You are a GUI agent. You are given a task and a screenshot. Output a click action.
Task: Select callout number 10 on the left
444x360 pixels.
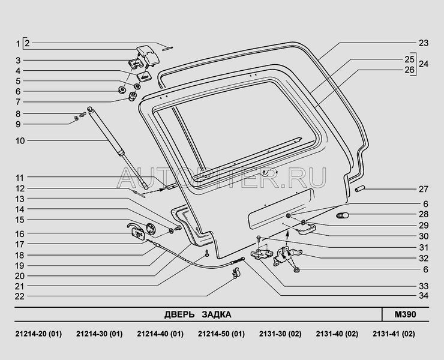coord(19,141)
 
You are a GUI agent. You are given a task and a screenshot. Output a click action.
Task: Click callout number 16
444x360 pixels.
coord(19,233)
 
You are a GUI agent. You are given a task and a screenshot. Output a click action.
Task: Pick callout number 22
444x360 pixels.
coord(19,296)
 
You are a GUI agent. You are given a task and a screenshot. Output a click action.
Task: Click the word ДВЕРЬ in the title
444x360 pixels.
coord(179,314)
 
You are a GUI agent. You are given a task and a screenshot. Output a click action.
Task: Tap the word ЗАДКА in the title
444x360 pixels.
coord(215,314)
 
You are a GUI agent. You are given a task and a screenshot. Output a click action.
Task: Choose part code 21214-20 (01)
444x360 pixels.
coord(37,334)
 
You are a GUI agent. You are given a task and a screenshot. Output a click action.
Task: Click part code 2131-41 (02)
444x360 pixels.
coord(393,334)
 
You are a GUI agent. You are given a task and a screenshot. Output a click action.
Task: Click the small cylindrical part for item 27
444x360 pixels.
coord(361,190)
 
